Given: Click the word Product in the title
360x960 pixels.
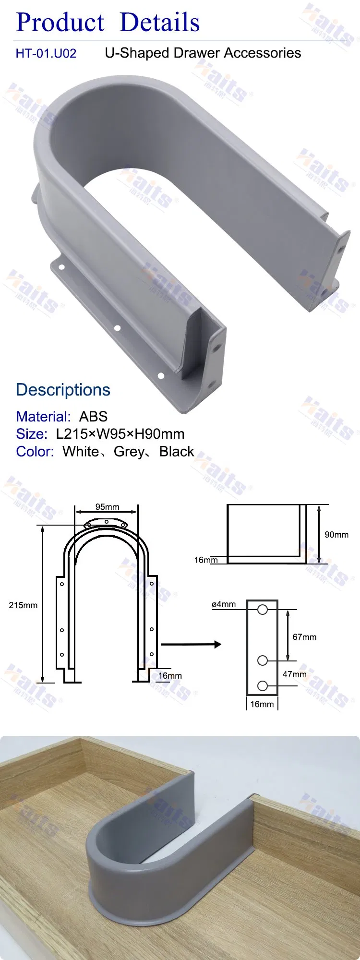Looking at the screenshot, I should coord(60,23).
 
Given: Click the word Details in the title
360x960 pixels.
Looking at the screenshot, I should coord(159,23).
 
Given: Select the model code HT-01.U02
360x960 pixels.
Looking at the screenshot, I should coord(46,53).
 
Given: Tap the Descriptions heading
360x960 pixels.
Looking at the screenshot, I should coord(63,390).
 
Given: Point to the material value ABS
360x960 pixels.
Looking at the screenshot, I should coord(93,416).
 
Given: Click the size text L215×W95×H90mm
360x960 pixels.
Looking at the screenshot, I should coord(120,434).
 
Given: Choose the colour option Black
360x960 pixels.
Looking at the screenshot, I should coord(177,452).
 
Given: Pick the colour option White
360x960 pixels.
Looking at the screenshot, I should coord(80,452).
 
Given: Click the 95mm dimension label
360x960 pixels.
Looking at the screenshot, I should coord(107,507).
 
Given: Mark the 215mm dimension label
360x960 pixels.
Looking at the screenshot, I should coord(23,605).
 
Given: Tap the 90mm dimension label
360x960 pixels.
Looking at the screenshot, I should coord(336,535).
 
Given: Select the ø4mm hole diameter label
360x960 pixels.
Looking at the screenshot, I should coord(224,604).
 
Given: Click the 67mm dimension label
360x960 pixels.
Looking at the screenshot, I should coord(304,637).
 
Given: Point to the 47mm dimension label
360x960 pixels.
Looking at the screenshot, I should coord(294,674).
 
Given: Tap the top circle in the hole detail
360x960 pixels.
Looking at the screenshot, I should coord(263,610).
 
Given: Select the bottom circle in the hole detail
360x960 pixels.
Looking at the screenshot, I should coord(263,686).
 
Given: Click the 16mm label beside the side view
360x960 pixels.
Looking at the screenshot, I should coord(206,560).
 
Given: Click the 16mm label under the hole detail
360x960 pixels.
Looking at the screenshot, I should coord(262,704).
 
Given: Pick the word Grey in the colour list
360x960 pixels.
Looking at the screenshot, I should coord(129,452).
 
